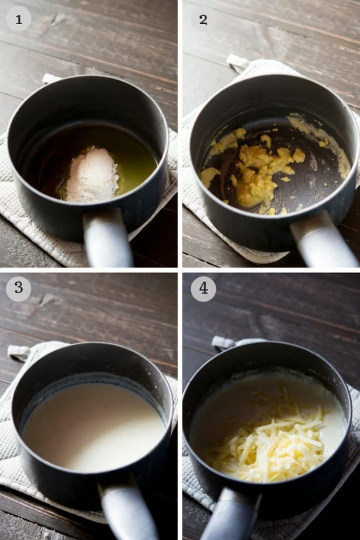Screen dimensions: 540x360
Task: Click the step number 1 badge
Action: coord(18,19)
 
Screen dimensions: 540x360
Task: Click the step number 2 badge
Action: coord(203,19)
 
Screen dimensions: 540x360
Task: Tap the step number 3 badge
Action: coord(18,288)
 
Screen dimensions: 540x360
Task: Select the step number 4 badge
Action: coord(203,288)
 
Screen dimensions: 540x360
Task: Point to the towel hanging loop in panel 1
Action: coord(51,79)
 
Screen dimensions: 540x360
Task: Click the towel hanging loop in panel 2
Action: coord(237,62)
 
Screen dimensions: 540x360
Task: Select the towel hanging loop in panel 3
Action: coord(18,352)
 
